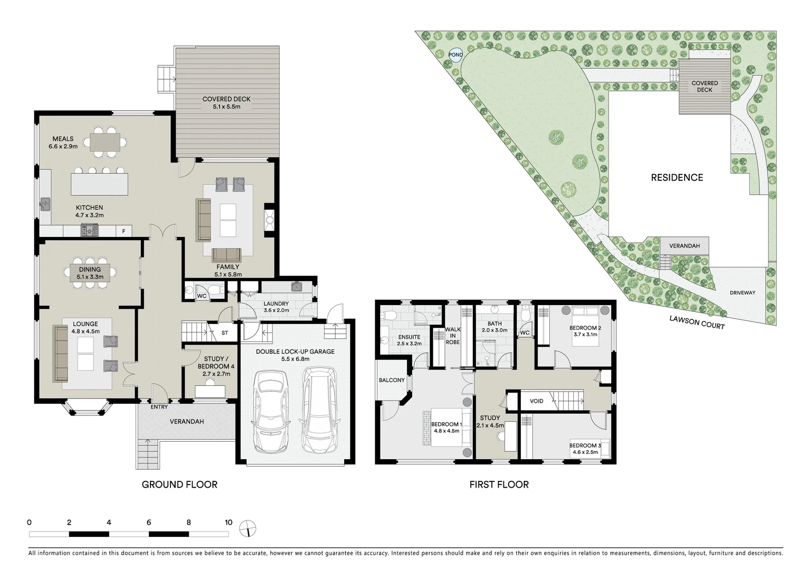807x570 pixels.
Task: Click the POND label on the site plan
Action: (x=455, y=55)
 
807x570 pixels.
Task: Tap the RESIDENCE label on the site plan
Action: (x=677, y=178)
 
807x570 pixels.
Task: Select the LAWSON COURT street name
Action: (x=697, y=322)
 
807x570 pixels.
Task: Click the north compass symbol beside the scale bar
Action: (x=247, y=528)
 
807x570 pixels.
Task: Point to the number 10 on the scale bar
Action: (x=228, y=522)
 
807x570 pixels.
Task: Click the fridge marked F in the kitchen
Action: (x=124, y=231)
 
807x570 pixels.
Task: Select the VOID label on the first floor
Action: (x=536, y=401)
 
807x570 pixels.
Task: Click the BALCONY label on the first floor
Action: (x=392, y=380)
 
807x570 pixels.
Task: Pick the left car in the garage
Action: (x=270, y=412)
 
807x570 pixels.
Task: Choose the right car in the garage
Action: (x=319, y=411)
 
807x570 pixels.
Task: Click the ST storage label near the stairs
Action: (x=225, y=333)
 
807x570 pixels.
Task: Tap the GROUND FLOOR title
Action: (x=179, y=484)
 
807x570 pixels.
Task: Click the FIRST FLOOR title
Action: (x=499, y=484)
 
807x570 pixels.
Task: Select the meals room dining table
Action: (x=108, y=142)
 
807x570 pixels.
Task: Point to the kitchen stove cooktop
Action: (x=89, y=231)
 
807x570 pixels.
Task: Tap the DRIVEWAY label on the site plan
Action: (x=742, y=293)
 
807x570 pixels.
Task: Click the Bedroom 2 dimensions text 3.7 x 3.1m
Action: (x=583, y=334)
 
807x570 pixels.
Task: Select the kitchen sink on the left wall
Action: (x=44, y=203)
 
